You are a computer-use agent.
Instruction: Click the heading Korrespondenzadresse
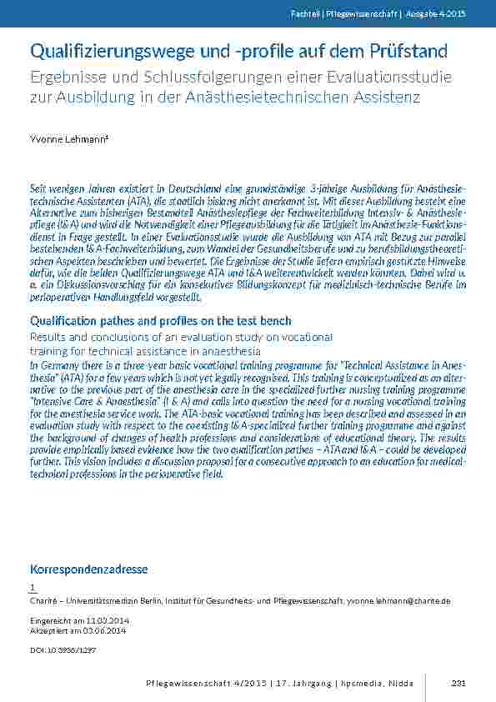point(88,569)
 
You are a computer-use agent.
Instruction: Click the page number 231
point(458,684)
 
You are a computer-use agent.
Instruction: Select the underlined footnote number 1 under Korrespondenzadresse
point(33,588)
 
